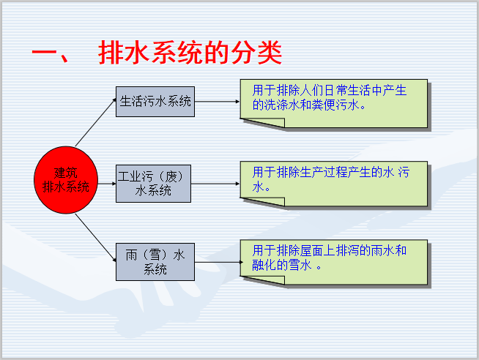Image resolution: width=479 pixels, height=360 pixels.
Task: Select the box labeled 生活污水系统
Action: [x=155, y=102]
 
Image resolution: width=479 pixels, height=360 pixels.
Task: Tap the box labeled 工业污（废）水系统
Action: [x=154, y=183]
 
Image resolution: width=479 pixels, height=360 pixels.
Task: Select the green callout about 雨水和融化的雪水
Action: [x=334, y=260]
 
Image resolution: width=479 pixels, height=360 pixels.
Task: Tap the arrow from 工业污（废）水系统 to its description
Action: [x=215, y=183]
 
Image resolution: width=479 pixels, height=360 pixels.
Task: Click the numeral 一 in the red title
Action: [x=47, y=56]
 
